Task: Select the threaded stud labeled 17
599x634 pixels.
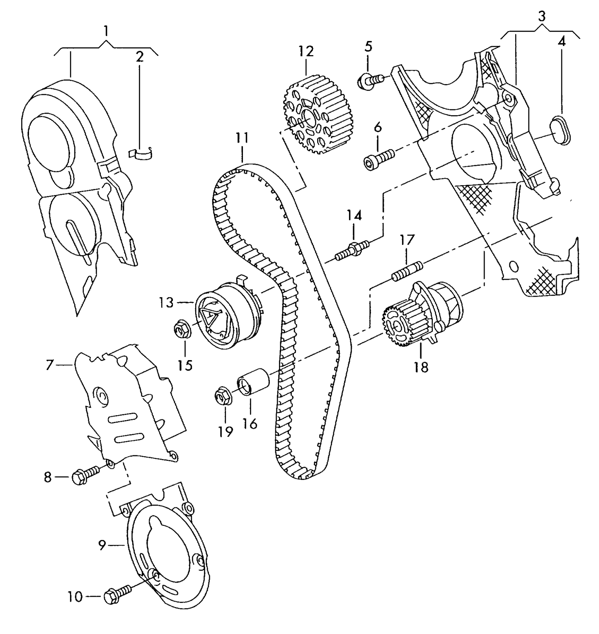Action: pos(407,271)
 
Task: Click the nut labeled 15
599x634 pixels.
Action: pos(181,329)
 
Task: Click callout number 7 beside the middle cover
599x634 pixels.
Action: pos(50,365)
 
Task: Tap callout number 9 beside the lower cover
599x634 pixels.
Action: pos(102,545)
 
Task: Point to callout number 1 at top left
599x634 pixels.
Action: pos(106,31)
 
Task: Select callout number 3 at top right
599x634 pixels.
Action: pos(541,17)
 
